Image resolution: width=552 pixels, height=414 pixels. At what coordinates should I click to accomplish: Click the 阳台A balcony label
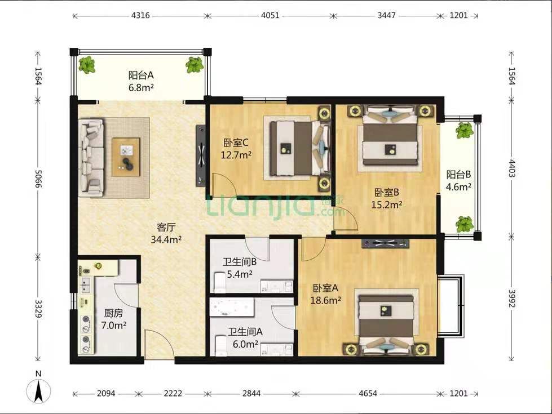click(x=141, y=75)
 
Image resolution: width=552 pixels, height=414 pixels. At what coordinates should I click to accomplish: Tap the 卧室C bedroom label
click(x=236, y=143)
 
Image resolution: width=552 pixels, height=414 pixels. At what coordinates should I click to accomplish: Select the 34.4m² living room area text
click(x=166, y=239)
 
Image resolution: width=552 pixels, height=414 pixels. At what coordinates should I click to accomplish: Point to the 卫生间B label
click(x=240, y=262)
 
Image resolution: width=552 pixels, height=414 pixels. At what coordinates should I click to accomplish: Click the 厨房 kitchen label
click(x=113, y=313)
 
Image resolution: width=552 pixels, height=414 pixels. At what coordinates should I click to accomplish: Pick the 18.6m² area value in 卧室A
click(x=326, y=300)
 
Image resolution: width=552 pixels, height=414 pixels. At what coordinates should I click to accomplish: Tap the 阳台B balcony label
click(x=458, y=174)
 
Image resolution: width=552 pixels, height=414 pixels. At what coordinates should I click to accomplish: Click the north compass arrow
click(x=38, y=390)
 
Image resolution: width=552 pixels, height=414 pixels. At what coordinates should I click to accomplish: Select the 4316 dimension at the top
click(x=140, y=15)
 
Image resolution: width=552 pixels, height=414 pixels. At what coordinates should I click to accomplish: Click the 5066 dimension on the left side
click(x=38, y=179)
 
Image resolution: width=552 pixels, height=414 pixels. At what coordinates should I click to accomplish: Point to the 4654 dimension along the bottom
click(x=368, y=393)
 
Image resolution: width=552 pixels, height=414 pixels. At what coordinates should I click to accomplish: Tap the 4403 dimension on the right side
click(x=511, y=168)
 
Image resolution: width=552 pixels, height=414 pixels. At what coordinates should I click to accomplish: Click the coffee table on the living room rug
click(x=126, y=157)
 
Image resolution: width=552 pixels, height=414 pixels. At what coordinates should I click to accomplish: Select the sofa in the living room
click(x=91, y=157)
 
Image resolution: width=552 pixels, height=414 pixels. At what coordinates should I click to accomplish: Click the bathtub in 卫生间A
click(x=232, y=309)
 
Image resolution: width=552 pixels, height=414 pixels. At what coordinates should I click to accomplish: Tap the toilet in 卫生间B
click(x=220, y=282)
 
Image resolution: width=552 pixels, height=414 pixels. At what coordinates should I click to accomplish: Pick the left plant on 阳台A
click(x=87, y=65)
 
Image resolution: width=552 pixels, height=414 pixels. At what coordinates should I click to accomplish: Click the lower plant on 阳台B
click(x=465, y=224)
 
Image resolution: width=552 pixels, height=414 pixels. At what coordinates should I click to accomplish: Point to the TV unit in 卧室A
click(x=386, y=243)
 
